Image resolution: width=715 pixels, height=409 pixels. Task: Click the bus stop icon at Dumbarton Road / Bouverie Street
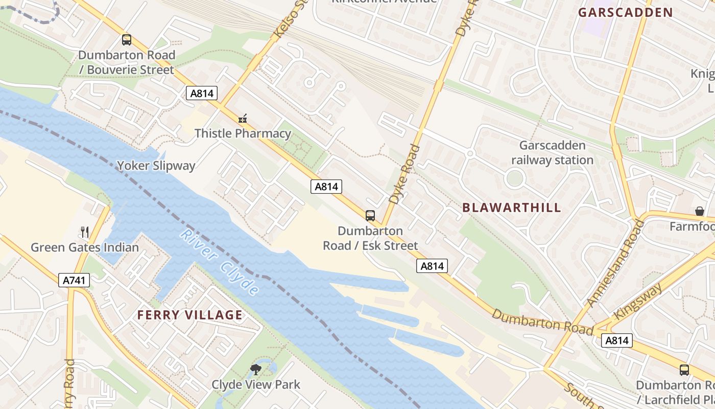pos(126,39)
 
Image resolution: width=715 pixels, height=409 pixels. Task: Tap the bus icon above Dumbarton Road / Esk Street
pos(370,215)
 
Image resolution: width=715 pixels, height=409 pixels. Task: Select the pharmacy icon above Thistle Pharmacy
pos(243,119)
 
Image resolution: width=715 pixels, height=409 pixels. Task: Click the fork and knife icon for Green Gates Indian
pos(85,232)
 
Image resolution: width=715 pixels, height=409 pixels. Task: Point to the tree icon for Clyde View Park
pos(255,369)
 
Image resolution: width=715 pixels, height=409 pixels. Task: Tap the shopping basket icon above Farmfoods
pos(699,211)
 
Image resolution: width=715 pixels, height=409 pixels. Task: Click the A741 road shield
pos(75,280)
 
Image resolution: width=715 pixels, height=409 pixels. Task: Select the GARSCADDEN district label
pos(625,13)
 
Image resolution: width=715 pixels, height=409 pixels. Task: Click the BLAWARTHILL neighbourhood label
pos(511,208)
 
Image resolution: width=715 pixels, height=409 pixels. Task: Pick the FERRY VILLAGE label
pos(189,315)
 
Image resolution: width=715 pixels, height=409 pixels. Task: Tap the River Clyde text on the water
pos(220,262)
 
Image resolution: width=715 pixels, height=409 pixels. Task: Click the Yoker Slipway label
pos(156,166)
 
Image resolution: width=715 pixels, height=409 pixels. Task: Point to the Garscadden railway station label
pos(552,153)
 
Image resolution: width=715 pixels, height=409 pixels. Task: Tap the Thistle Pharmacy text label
pos(243,134)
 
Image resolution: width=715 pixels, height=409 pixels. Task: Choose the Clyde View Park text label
pos(256,384)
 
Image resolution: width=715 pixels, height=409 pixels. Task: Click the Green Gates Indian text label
pos(85,247)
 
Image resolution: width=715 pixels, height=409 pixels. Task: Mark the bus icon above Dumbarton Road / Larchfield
pos(684,370)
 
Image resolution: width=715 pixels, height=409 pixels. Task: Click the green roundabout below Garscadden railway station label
pos(514,178)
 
